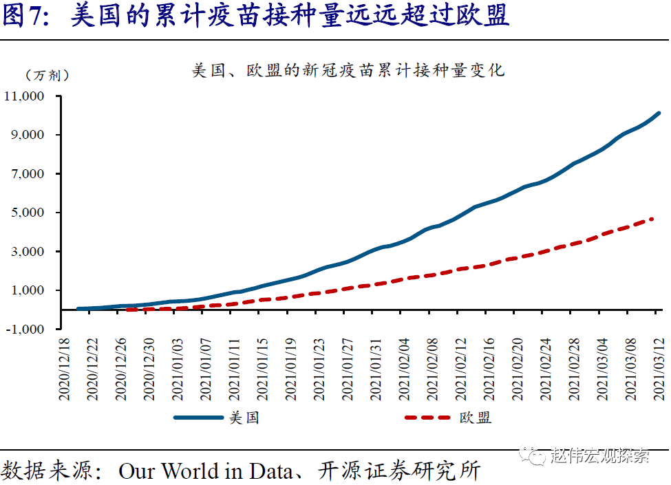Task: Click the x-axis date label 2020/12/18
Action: tap(64, 368)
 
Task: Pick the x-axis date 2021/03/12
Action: tap(658, 368)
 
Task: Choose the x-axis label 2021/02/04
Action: tap(403, 368)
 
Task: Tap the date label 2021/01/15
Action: tap(262, 368)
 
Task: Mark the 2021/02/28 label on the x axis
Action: tap(573, 368)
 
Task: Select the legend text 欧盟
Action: tap(475, 418)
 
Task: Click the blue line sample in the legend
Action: tap(199, 418)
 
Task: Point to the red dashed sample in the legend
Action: tap(429, 418)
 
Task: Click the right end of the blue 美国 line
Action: tap(659, 113)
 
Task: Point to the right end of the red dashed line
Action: tap(652, 219)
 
